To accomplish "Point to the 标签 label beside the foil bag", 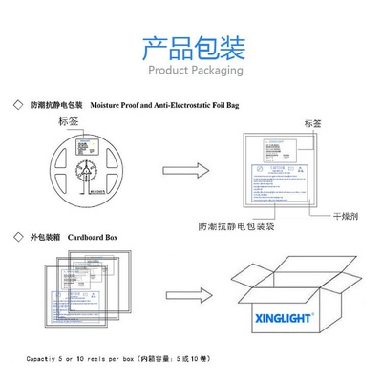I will pyautogui.click(x=312, y=124).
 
